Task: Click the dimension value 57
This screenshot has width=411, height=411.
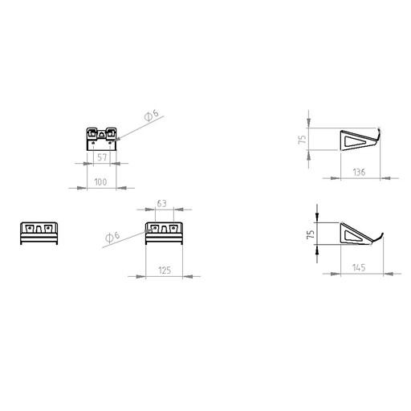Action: click(102, 157)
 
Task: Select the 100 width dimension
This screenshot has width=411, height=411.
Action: click(100, 182)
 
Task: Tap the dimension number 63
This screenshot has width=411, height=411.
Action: click(161, 204)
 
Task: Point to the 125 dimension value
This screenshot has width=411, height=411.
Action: click(165, 271)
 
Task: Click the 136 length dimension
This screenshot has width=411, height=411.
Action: click(359, 172)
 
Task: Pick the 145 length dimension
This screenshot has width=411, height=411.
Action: click(359, 267)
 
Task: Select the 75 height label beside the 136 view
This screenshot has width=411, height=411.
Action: click(302, 139)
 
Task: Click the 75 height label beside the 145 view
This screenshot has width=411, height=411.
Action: click(311, 234)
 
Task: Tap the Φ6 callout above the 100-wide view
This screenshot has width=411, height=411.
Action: click(151, 116)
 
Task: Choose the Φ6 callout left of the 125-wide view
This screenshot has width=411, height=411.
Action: click(112, 237)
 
